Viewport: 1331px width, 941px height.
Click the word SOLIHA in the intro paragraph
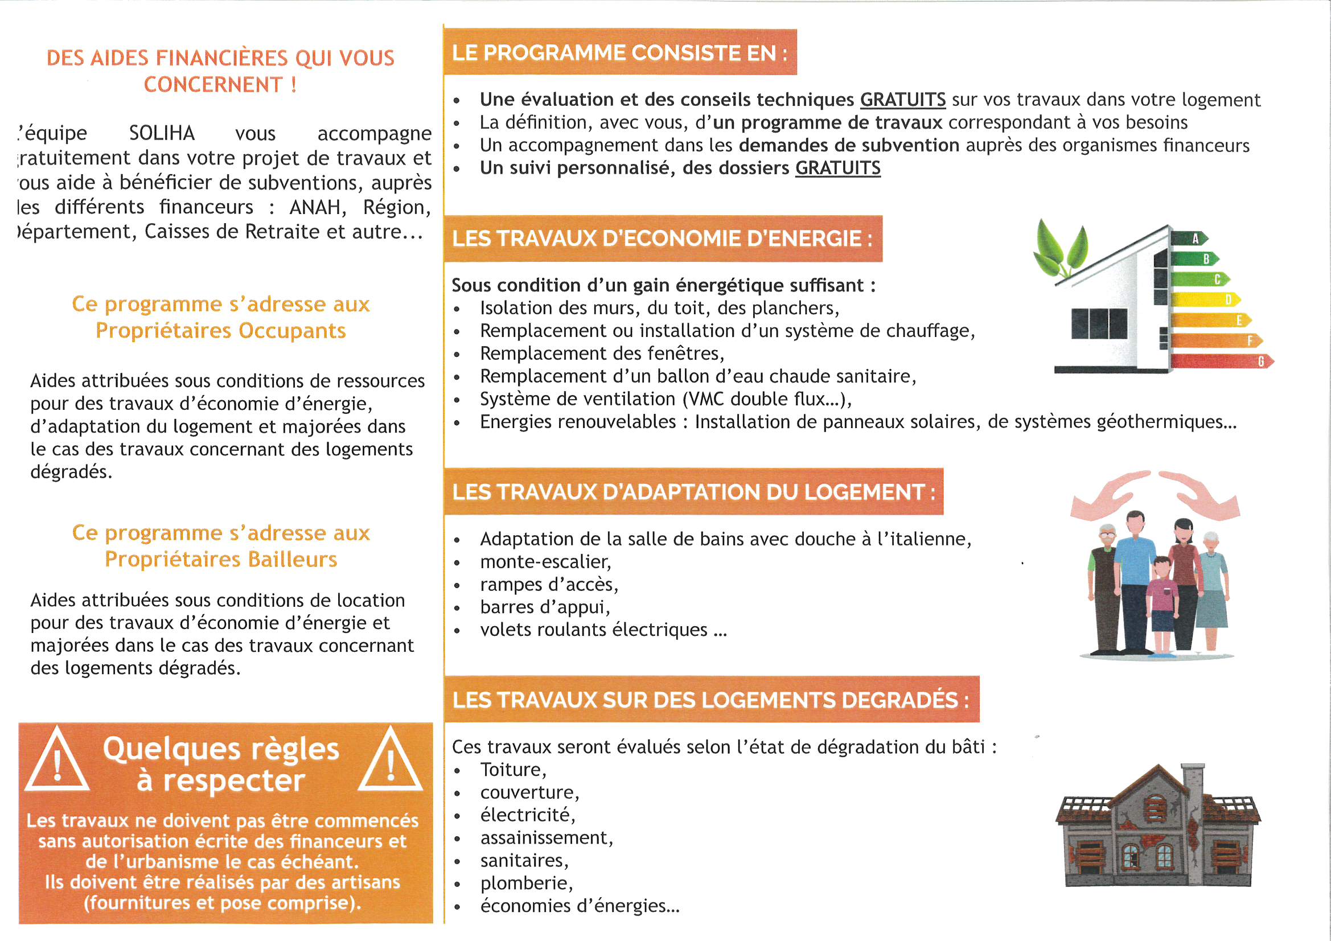pos(162,133)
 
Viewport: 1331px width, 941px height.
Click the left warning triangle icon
pos(57,761)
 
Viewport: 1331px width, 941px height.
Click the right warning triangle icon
pos(391,761)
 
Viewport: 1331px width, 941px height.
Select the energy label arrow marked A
pos(1190,239)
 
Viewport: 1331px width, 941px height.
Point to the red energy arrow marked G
pos(1223,362)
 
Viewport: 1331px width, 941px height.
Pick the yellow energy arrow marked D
pos(1206,300)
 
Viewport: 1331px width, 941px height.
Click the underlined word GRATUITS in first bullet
pos(902,100)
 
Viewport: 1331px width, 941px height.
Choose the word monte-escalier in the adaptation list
pos(545,562)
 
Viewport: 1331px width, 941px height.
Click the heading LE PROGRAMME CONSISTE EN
pos(620,53)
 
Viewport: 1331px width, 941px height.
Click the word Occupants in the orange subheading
pos(292,331)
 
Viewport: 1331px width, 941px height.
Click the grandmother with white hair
pos(1212,586)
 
